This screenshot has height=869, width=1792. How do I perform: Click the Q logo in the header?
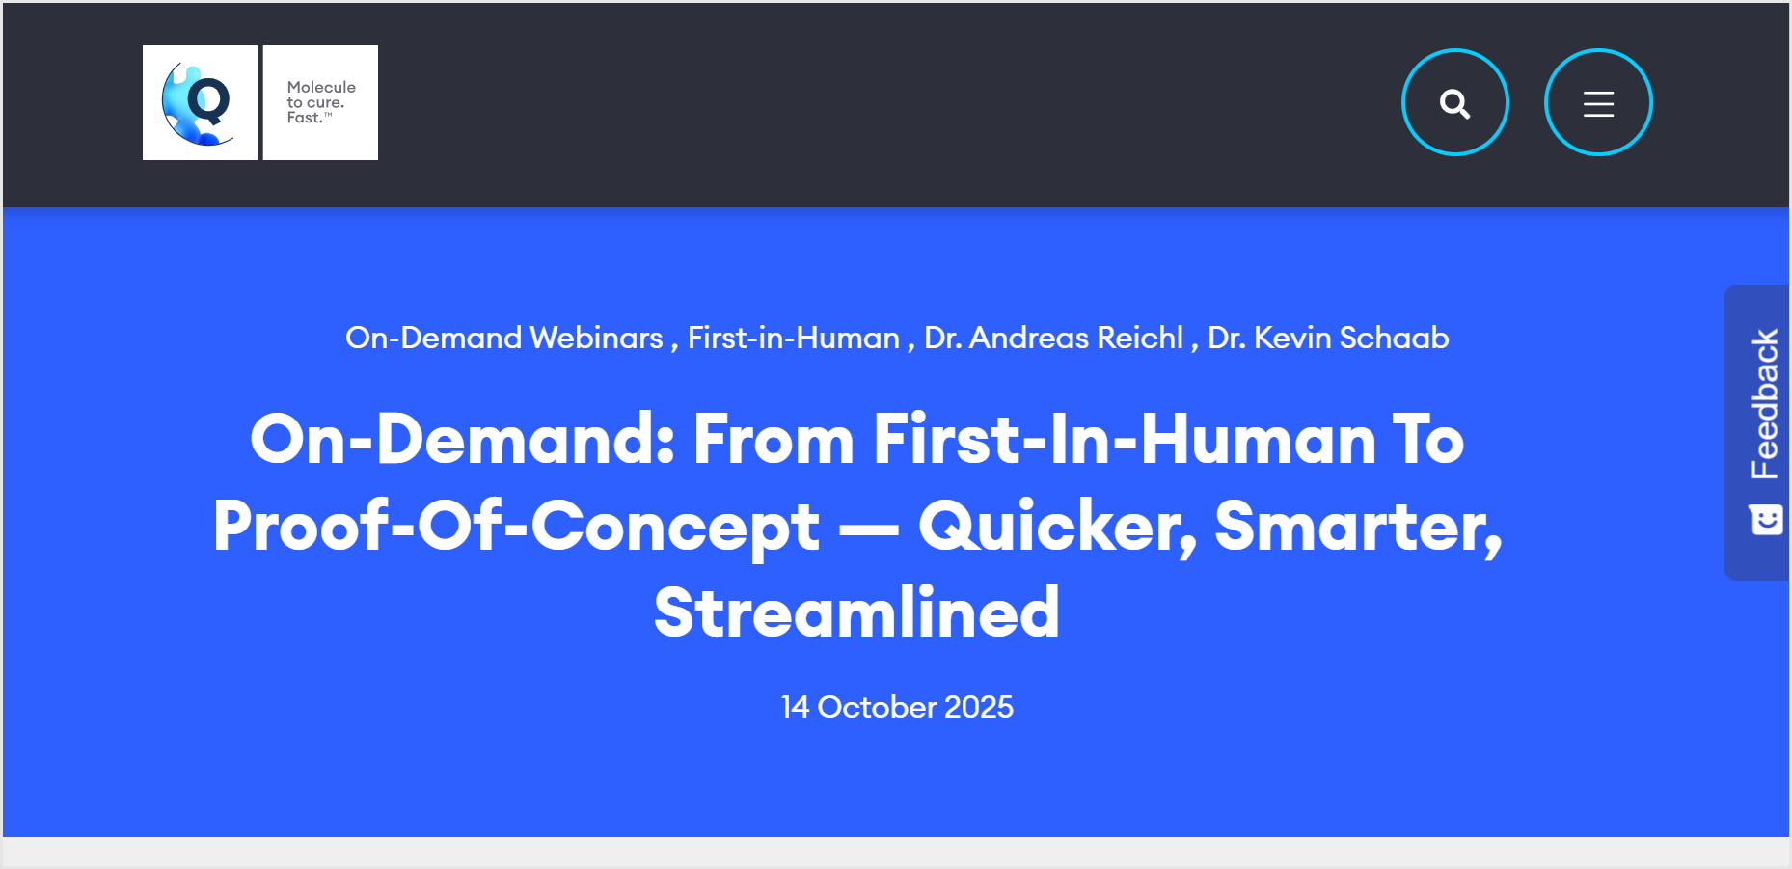click(200, 102)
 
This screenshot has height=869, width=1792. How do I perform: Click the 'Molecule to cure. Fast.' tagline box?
click(320, 102)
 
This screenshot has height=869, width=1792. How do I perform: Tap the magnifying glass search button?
click(1454, 102)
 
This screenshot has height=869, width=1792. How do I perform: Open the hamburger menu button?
click(1598, 102)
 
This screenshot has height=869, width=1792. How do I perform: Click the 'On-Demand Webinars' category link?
click(504, 338)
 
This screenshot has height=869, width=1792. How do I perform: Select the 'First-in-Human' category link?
click(794, 338)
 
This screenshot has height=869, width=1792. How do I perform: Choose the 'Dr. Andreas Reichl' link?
click(1053, 338)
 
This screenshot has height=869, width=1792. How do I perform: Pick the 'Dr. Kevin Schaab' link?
click(1328, 338)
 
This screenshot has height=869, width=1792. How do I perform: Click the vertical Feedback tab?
click(1757, 432)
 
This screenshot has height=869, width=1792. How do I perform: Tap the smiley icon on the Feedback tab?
click(1766, 520)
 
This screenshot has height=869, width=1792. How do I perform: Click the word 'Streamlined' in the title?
click(857, 612)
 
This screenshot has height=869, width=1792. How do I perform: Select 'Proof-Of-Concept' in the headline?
click(517, 527)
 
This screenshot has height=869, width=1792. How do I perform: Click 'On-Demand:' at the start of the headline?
click(463, 439)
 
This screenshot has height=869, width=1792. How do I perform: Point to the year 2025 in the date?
click(979, 707)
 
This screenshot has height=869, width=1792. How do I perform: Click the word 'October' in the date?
click(877, 707)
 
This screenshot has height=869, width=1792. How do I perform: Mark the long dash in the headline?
click(869, 528)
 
